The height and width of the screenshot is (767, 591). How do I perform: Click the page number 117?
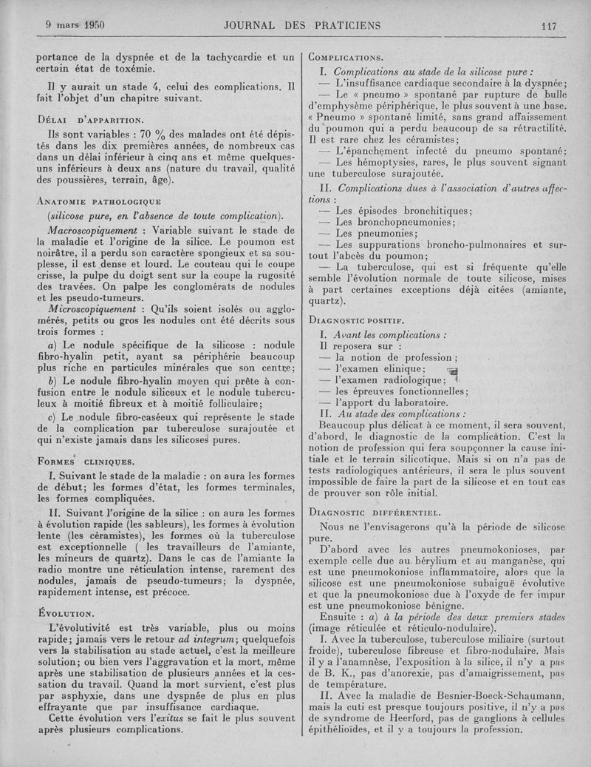coord(547,25)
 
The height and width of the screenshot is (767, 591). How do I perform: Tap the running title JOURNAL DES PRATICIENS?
coord(301,25)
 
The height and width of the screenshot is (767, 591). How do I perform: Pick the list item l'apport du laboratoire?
coord(392,402)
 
